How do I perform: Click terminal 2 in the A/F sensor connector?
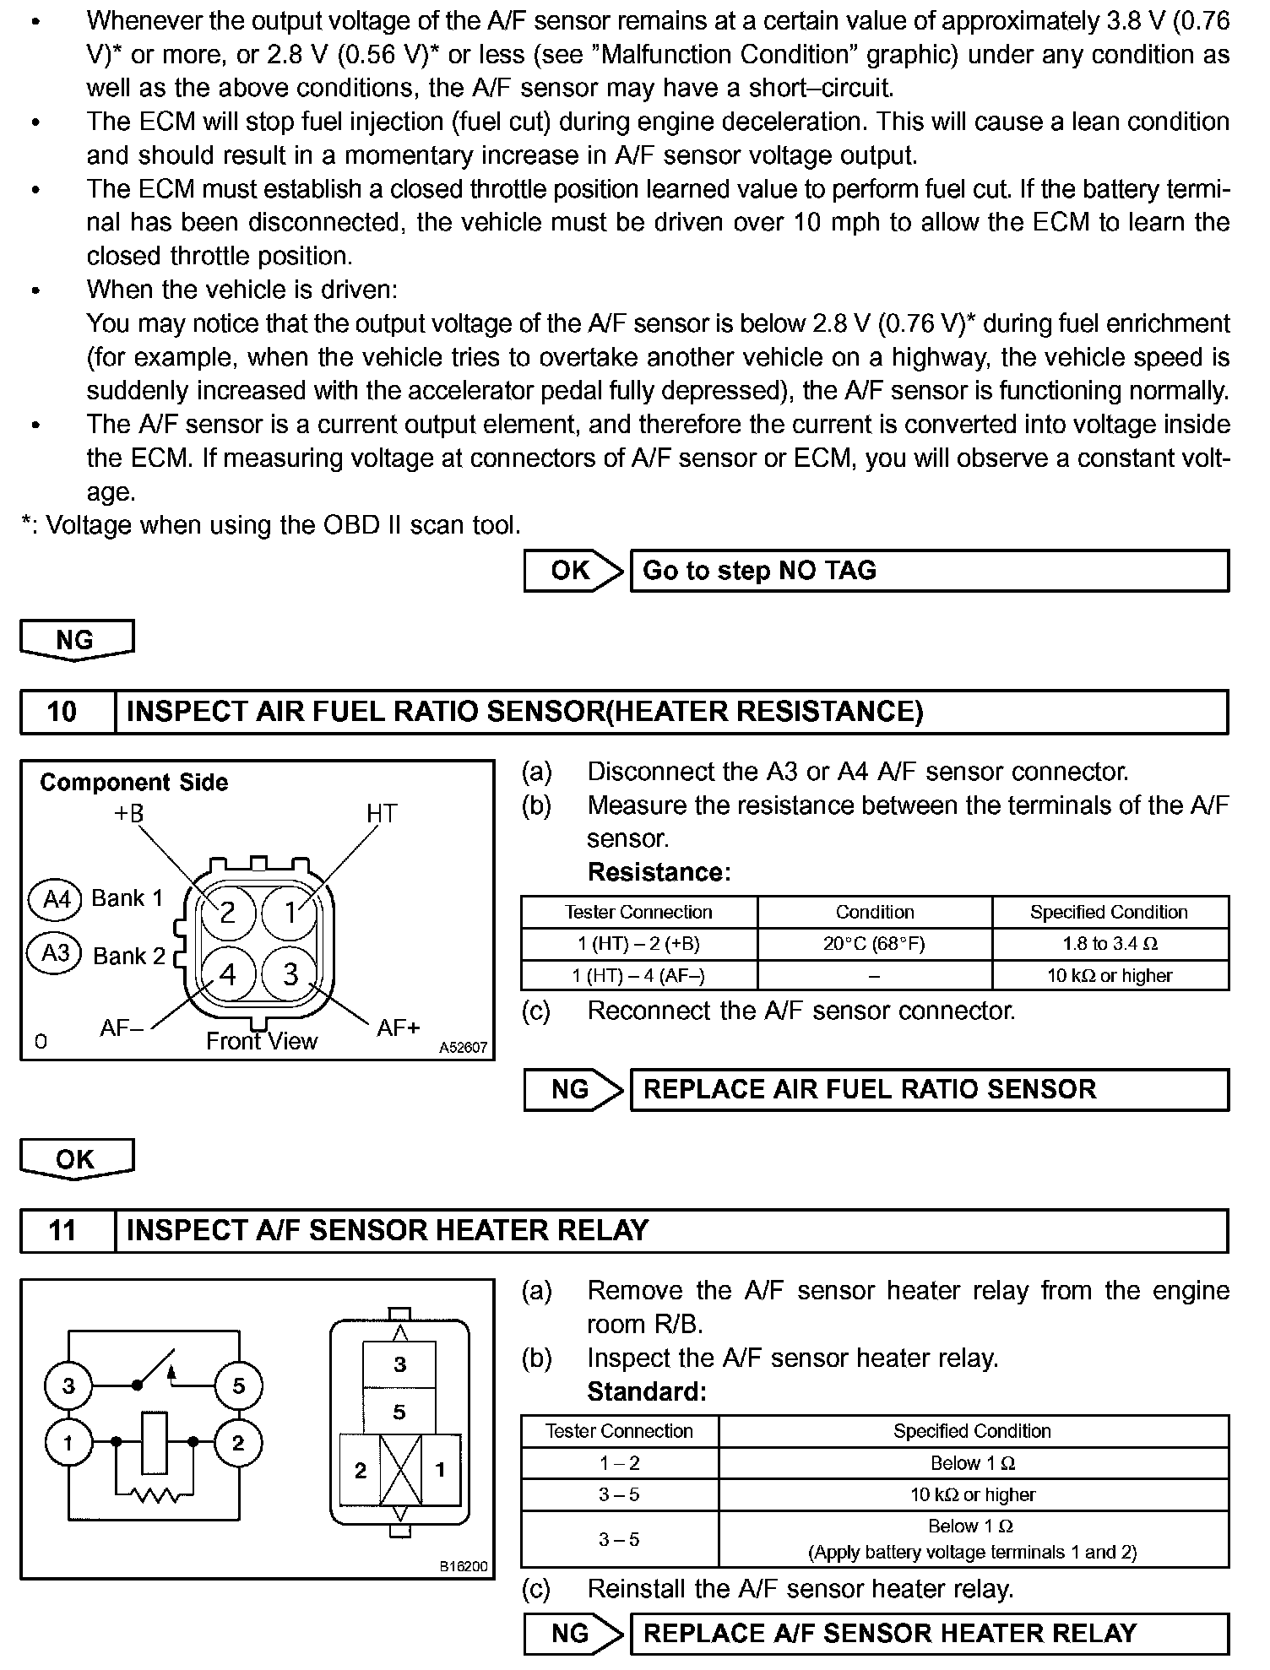click(x=227, y=913)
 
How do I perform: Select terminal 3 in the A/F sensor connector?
click(x=291, y=974)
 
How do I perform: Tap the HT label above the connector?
click(x=381, y=814)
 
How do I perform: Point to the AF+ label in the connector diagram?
click(x=398, y=1027)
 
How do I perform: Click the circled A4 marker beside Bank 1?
click(x=56, y=898)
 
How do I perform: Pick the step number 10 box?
click(x=62, y=712)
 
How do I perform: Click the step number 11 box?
click(x=62, y=1230)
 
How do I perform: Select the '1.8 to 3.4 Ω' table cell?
click(x=1110, y=944)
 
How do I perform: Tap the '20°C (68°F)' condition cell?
click(x=874, y=944)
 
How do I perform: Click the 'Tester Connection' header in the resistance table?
click(x=638, y=912)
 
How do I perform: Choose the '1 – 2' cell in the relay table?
click(x=619, y=1463)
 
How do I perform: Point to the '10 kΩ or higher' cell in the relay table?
click(x=972, y=1494)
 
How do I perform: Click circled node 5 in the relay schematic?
click(x=239, y=1385)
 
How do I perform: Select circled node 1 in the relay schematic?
click(x=68, y=1443)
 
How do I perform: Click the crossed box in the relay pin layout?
click(x=400, y=1470)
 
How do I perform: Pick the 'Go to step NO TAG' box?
click(x=929, y=571)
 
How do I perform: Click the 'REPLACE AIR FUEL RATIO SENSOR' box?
click(x=929, y=1089)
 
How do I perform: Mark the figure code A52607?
click(x=463, y=1048)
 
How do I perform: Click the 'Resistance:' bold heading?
click(x=659, y=871)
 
